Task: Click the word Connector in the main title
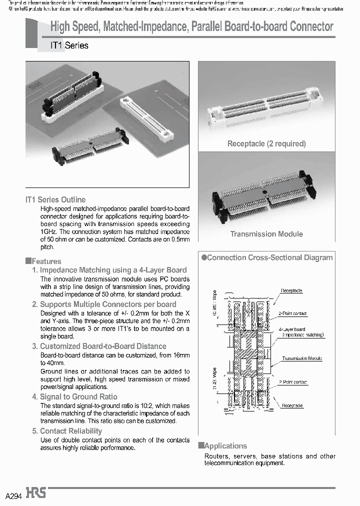click(x=308, y=27)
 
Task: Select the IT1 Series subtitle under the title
click(x=69, y=45)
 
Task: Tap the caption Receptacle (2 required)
click(x=266, y=143)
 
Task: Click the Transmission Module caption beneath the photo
click(x=266, y=234)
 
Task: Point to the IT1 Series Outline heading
click(x=55, y=199)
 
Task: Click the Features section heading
click(x=43, y=261)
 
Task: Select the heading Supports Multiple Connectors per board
click(x=107, y=304)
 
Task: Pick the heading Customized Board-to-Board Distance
click(x=103, y=346)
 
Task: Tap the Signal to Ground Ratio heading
click(x=78, y=396)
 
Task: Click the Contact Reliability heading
click(x=70, y=431)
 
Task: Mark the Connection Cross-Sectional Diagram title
click(x=269, y=257)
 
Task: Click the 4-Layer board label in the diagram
click(x=293, y=329)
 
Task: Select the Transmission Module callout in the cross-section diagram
click(x=301, y=358)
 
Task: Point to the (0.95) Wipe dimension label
click(x=214, y=302)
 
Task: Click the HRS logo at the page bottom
click(x=36, y=493)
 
